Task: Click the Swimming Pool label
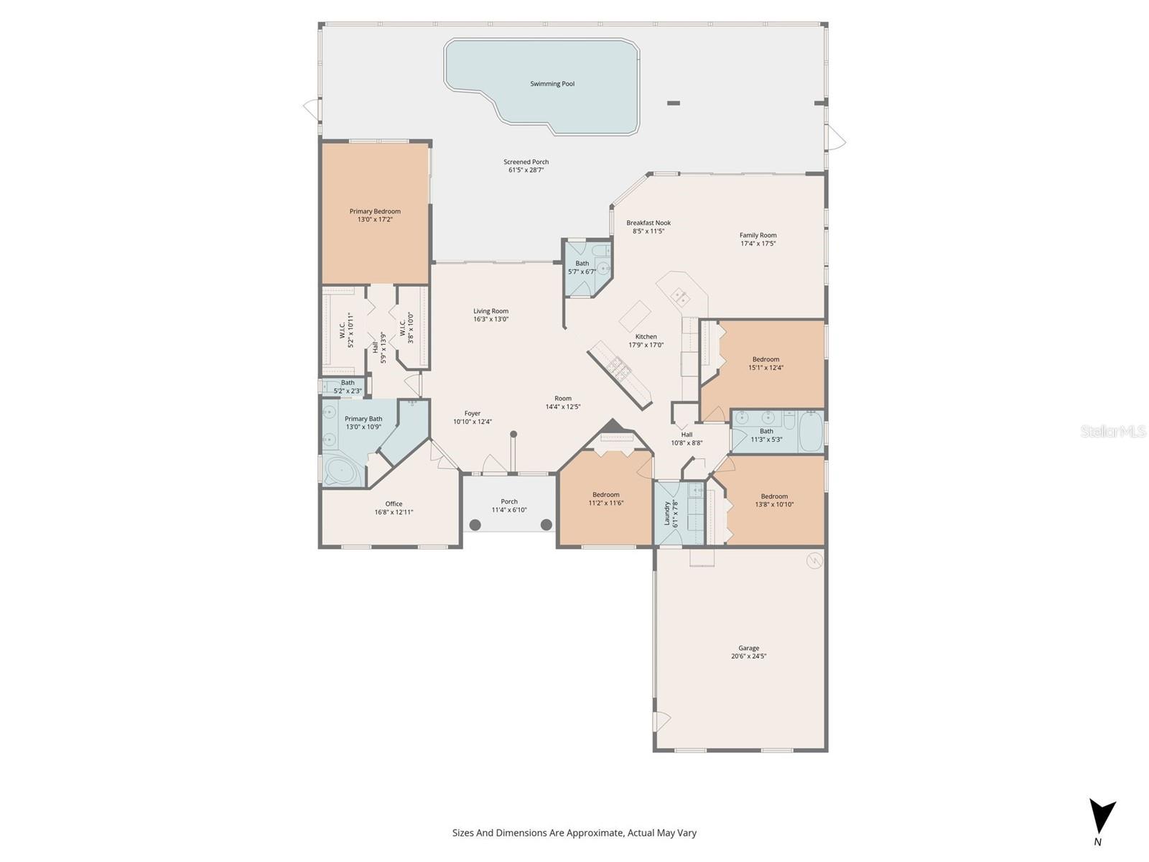(x=552, y=84)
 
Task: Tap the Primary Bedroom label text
(x=375, y=211)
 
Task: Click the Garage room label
(x=748, y=648)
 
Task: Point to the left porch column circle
(x=475, y=524)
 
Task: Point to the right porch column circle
(x=546, y=524)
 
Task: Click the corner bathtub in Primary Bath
(x=343, y=471)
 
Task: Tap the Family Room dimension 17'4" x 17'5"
(x=758, y=244)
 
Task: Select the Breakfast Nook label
(x=648, y=223)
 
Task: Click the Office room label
(x=394, y=504)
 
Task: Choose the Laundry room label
(x=666, y=513)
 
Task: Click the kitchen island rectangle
(x=635, y=315)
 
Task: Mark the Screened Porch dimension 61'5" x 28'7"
(x=526, y=170)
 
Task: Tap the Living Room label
(x=490, y=311)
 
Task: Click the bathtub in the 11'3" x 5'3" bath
(x=811, y=431)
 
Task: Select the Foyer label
(x=472, y=413)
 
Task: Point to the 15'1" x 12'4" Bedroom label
(x=766, y=359)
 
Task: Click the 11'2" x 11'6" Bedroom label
(x=605, y=494)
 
